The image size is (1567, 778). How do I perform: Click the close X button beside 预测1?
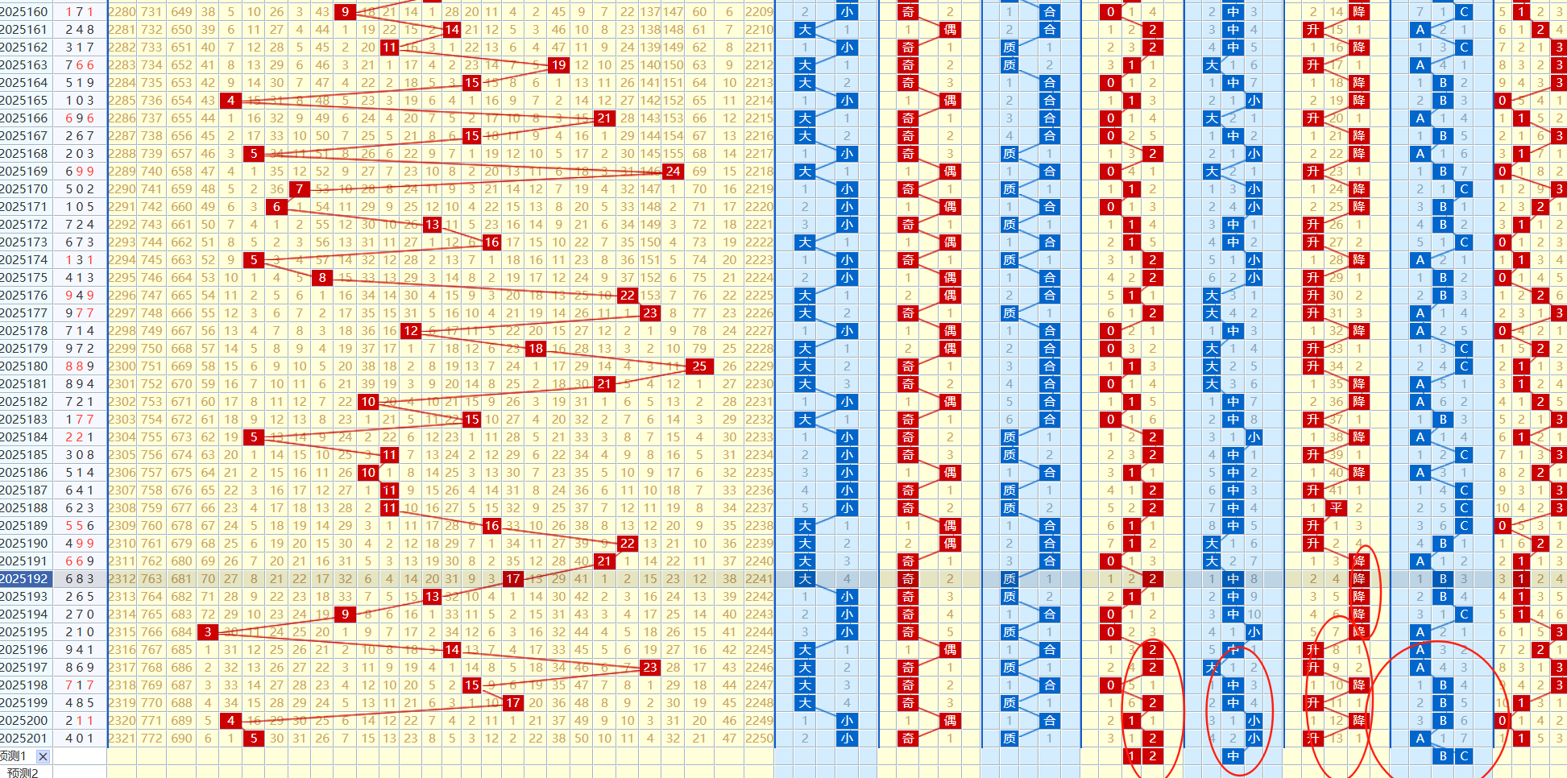tap(43, 756)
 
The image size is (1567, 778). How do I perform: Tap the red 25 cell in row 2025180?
tap(699, 366)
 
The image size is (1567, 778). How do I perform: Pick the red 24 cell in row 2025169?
tap(673, 172)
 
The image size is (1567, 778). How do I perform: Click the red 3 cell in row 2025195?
tap(208, 632)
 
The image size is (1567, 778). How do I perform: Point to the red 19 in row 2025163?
tap(558, 65)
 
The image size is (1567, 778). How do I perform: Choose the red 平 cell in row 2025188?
tap(1336, 508)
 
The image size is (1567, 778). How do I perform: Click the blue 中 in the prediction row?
tap(1233, 756)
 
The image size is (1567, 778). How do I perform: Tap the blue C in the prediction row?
tap(1464, 756)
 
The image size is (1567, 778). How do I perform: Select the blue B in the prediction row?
tap(1443, 756)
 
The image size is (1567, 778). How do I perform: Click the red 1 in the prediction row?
tap(1131, 756)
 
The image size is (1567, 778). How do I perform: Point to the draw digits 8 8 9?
tap(80, 366)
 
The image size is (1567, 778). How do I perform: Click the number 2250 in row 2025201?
tap(759, 739)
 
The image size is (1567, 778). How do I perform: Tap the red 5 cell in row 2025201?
tap(254, 739)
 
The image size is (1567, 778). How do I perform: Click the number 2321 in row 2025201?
tap(122, 739)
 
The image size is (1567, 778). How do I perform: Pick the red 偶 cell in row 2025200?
tap(950, 721)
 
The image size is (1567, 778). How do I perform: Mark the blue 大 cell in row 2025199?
tap(805, 703)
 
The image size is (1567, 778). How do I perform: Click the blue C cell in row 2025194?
tap(1464, 615)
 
